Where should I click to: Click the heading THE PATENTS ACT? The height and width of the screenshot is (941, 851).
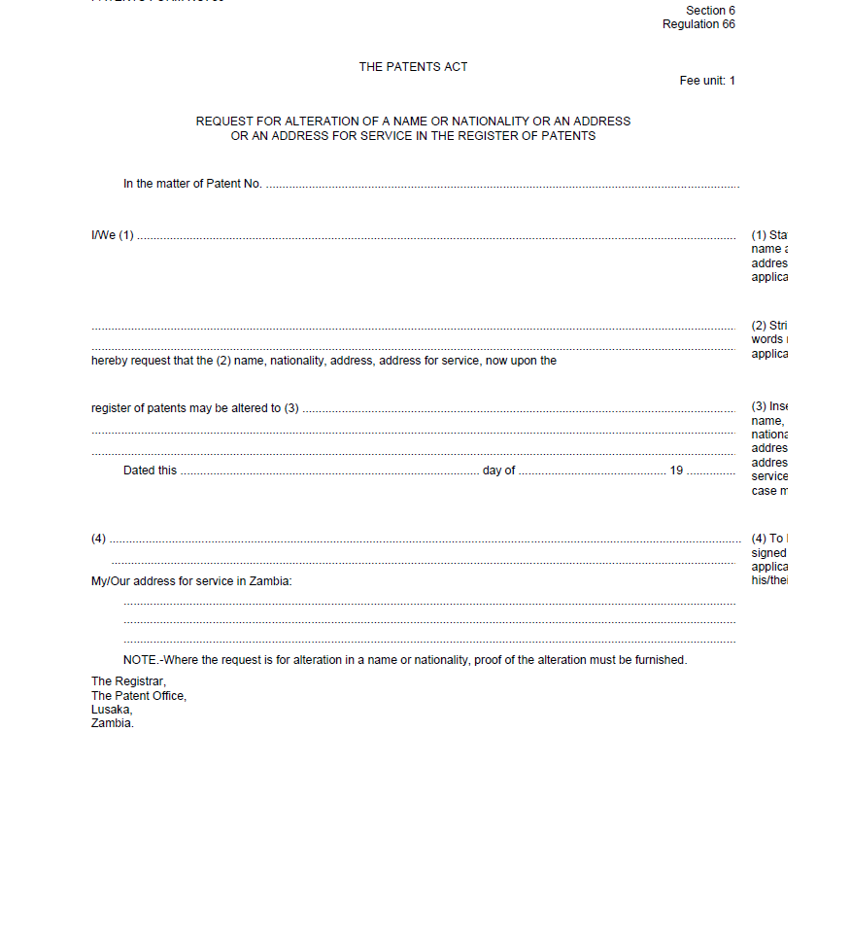pos(413,67)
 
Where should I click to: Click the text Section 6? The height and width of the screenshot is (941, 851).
pos(710,11)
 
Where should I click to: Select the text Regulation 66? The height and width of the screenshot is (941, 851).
pos(698,24)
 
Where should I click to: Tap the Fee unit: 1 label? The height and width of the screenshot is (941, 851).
pos(707,81)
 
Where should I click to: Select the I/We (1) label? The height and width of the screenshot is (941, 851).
pos(113,235)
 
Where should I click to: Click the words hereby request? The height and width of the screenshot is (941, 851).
pos(131,361)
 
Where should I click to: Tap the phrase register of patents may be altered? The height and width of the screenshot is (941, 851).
pos(186,408)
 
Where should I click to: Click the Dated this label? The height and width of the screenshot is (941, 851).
pos(150,470)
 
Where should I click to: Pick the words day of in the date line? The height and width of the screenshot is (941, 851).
pos(498,470)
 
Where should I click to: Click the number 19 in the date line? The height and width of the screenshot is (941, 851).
pos(676,470)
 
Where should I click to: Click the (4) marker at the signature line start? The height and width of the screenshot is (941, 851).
pos(98,539)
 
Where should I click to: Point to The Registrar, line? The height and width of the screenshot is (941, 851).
pos(128,681)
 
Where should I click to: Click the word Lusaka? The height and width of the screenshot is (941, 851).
pos(111,710)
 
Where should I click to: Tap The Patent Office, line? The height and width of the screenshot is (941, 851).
pos(138,696)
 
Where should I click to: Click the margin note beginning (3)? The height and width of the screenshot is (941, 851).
pos(768,406)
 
